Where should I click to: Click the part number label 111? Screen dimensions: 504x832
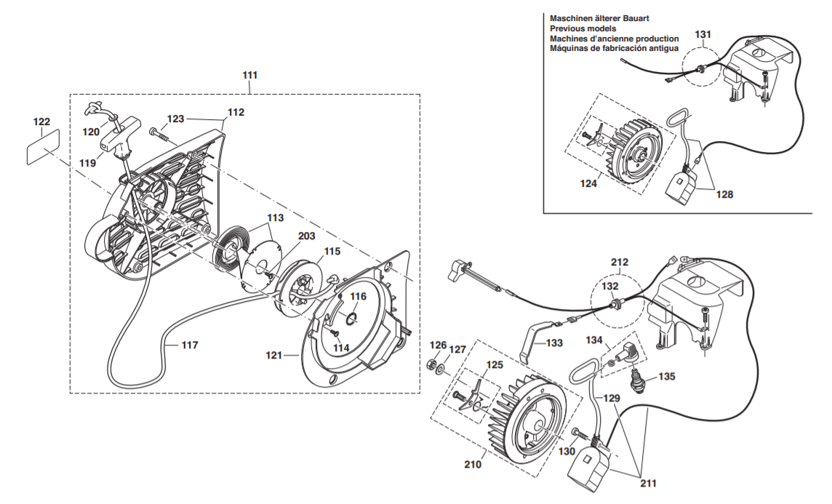point(249,75)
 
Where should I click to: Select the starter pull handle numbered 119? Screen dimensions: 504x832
point(121,135)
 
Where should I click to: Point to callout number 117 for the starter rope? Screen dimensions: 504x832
point(189,345)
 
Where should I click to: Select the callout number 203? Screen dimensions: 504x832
point(305,237)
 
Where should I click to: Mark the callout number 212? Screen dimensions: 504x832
point(620,262)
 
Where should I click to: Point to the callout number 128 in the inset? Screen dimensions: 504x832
point(724,194)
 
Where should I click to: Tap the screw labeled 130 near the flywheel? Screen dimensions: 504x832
point(578,434)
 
